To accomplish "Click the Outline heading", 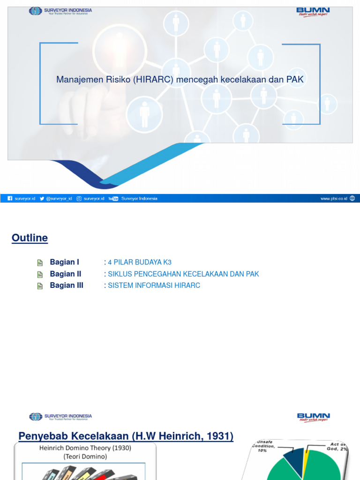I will point(30,238).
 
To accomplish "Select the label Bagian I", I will point(65,262).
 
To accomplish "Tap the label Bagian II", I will point(66,274).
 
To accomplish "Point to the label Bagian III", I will point(67,285).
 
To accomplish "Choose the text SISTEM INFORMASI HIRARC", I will point(154,285).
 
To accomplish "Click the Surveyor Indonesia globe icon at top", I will point(35,11).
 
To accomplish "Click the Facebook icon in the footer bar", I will point(10,199).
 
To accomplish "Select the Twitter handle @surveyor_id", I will point(59,199).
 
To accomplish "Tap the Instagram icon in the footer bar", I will point(79,199).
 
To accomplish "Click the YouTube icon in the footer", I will point(113,199).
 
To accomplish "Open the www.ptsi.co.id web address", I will point(334,199).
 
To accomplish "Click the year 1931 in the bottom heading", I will point(221,436).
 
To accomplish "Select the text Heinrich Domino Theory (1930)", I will point(85,448).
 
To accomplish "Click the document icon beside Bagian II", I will point(40,274).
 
